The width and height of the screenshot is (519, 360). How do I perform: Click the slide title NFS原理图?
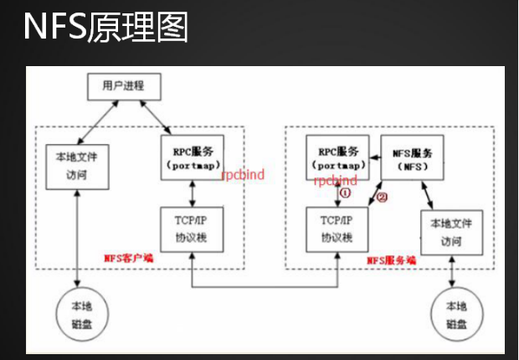(105, 28)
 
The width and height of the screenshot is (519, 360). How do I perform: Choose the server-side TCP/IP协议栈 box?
(337, 229)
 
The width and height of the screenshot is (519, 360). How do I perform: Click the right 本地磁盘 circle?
(455, 315)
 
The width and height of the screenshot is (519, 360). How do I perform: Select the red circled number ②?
(383, 198)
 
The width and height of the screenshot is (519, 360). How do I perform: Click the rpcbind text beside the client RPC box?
(242, 177)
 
